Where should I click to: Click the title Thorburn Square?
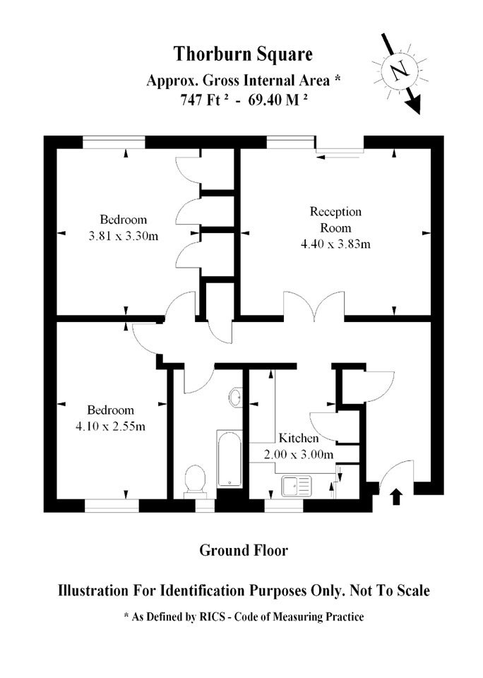click(x=243, y=54)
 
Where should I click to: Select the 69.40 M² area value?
click(x=278, y=100)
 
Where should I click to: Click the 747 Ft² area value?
click(x=204, y=100)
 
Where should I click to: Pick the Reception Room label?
click(x=335, y=220)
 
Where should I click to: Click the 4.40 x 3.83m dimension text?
click(x=335, y=244)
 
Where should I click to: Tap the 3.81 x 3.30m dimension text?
click(x=124, y=236)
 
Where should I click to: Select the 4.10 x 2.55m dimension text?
click(x=111, y=427)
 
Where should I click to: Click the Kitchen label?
click(x=299, y=438)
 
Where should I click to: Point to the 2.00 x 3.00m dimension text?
click(x=299, y=454)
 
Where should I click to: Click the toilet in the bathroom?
click(x=195, y=480)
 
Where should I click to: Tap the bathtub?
click(x=229, y=458)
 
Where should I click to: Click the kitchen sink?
click(x=297, y=486)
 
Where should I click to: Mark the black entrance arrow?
click(x=396, y=496)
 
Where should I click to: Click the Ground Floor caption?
click(x=244, y=550)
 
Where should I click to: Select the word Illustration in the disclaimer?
click(x=93, y=590)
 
